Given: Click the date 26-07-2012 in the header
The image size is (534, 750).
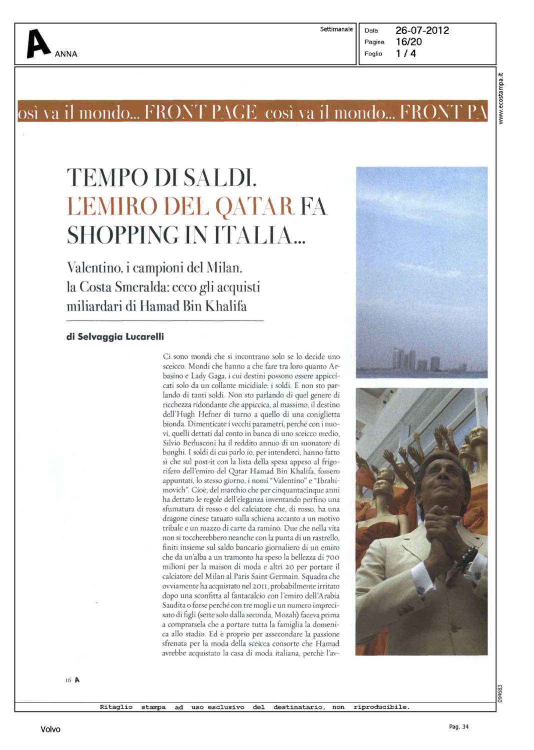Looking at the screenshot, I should coord(422,30).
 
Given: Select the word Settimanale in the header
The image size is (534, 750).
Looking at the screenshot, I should coord(336,29).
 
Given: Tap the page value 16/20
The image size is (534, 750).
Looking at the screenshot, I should coord(409,42).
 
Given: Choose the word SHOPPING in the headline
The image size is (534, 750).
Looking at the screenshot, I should coord(123,235).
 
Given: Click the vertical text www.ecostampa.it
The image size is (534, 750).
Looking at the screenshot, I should coord(501,98).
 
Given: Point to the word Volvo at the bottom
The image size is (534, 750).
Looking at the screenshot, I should coord(50,729).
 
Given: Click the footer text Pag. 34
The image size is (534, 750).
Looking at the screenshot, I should coord(459,726).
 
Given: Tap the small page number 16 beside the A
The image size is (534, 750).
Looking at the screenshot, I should coord(68,680).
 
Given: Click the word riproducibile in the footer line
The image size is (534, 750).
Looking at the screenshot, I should coord(381,707).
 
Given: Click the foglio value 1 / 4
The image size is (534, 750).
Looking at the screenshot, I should coord(406,53).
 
